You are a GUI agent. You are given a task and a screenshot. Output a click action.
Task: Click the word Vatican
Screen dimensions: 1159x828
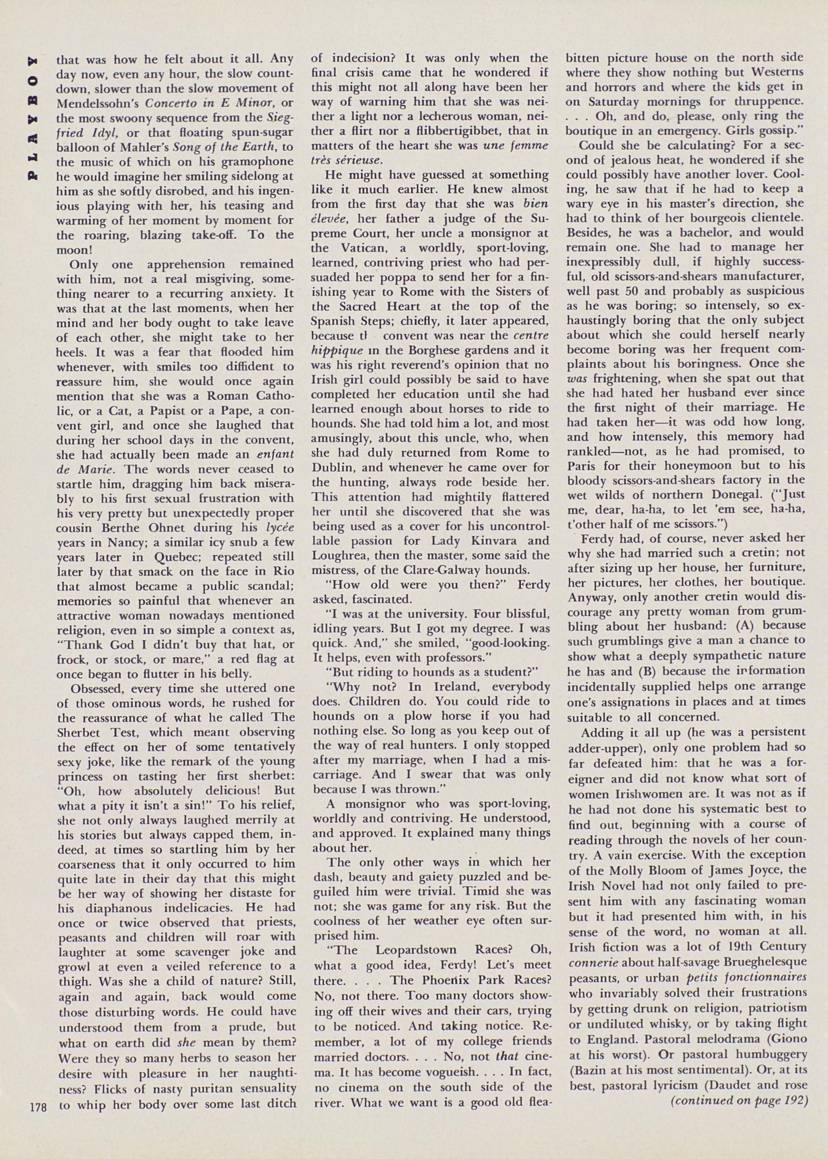click(352, 248)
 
